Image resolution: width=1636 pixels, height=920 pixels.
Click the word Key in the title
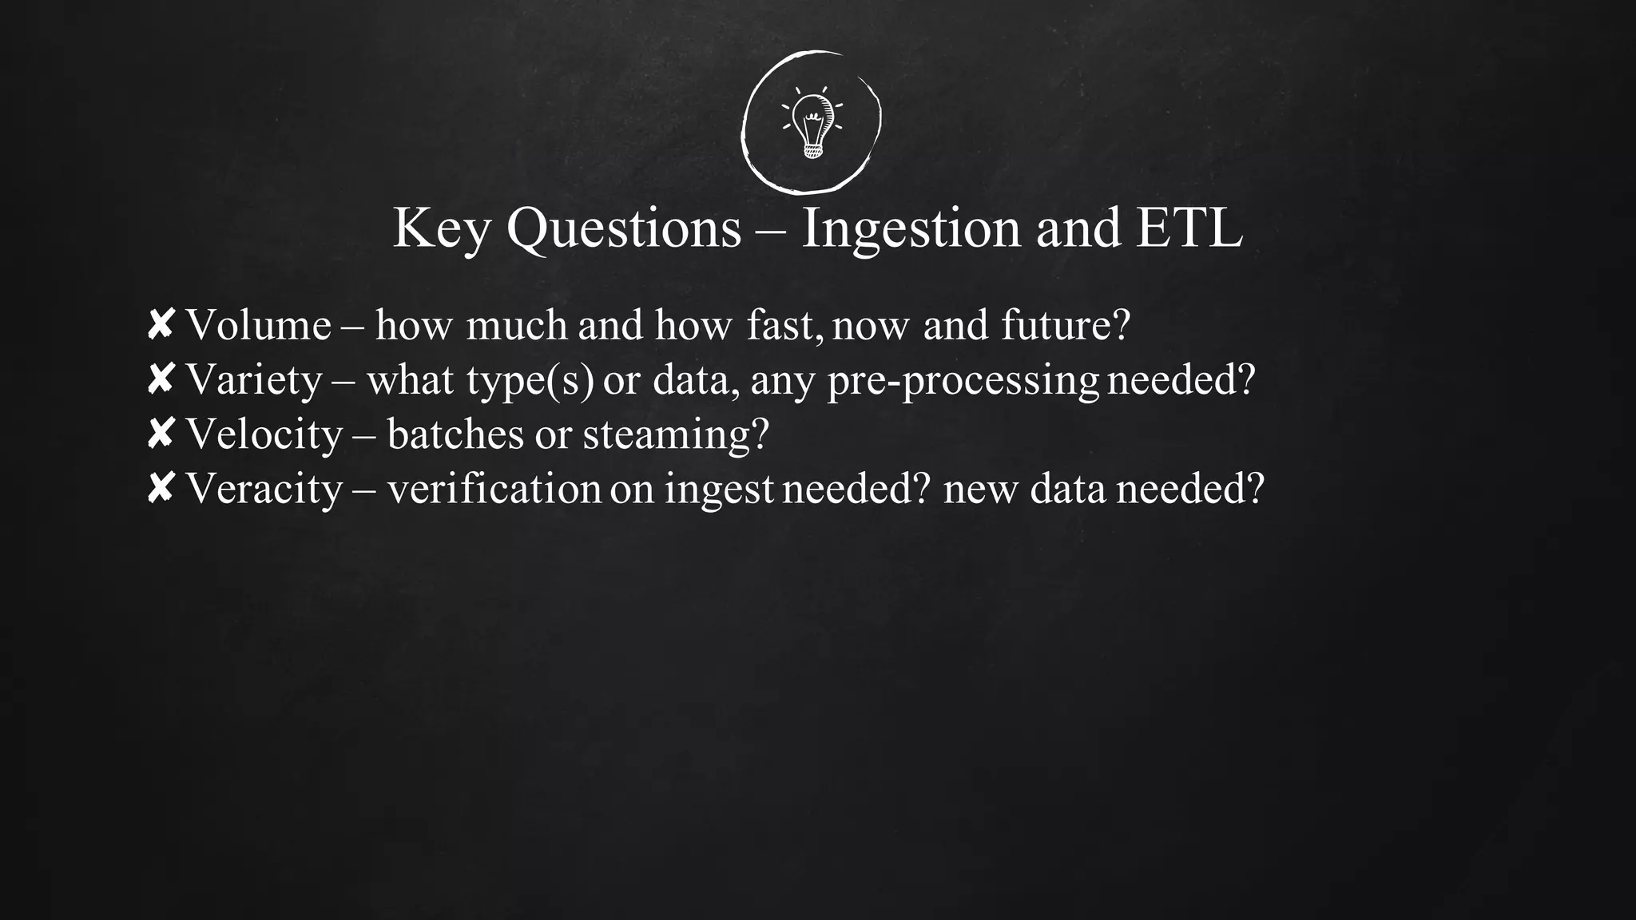coord(442,229)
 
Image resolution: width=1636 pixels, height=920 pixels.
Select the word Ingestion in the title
coord(911,229)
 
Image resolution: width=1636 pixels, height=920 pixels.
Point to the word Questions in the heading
coord(624,229)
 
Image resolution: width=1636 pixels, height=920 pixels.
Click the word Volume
coord(258,325)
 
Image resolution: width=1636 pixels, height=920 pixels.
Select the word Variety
coord(254,379)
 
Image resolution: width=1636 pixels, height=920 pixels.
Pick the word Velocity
coord(264,434)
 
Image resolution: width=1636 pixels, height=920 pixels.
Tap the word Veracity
coord(264,489)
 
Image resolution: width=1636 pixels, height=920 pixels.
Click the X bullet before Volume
coord(161,325)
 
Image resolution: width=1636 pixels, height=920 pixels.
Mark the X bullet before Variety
coord(161,379)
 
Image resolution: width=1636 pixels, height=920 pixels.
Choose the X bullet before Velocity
coord(161,434)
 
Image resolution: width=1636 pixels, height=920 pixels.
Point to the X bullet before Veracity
coord(161,488)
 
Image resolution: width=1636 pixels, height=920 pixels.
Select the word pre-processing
coord(963,380)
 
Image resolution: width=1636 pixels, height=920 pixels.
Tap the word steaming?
coord(675,434)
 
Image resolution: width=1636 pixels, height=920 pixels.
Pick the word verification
coord(494,489)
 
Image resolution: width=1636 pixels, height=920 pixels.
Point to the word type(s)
coord(530,380)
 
